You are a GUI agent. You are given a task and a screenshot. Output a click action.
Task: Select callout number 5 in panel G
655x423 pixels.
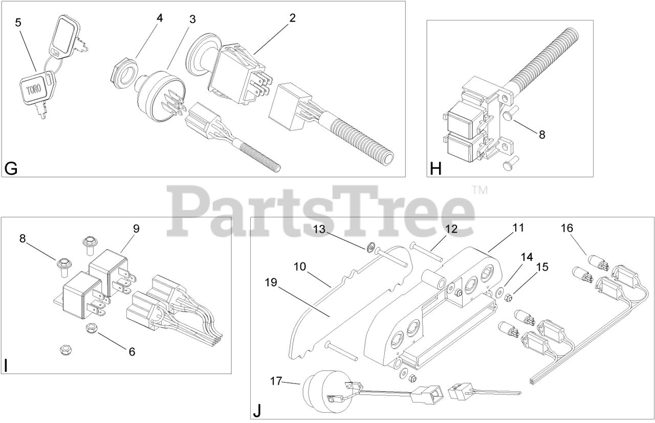pyautogui.click(x=18, y=23)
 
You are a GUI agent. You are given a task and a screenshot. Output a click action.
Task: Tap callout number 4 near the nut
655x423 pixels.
pyautogui.click(x=160, y=18)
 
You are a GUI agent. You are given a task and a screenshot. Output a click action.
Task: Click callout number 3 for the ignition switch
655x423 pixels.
pyautogui.click(x=192, y=19)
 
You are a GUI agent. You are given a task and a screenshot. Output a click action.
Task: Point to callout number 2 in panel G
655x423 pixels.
pyautogui.click(x=292, y=18)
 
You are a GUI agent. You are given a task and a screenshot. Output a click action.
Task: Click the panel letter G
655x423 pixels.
pyautogui.click(x=11, y=168)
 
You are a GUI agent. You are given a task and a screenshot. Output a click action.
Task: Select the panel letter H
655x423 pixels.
pyautogui.click(x=435, y=168)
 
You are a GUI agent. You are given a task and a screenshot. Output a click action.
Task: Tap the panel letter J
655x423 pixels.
pyautogui.click(x=257, y=410)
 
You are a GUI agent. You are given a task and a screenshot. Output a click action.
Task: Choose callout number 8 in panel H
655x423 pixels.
pyautogui.click(x=542, y=135)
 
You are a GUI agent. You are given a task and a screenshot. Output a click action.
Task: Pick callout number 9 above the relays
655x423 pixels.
pyautogui.click(x=136, y=229)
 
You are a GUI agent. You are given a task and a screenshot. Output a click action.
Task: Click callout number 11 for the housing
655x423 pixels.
pyautogui.click(x=518, y=227)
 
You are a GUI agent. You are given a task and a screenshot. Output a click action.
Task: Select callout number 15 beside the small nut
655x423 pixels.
pyautogui.click(x=541, y=266)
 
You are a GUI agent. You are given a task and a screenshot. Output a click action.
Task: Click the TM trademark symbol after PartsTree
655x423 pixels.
pyautogui.click(x=479, y=191)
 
